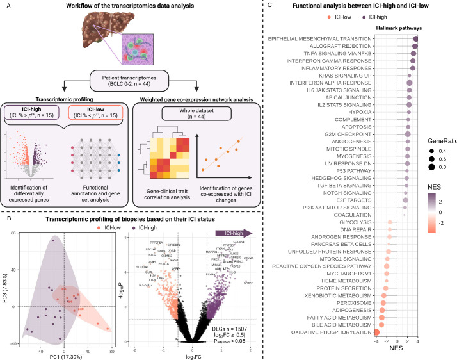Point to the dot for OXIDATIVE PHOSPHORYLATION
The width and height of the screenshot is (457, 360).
pos(378,332)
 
